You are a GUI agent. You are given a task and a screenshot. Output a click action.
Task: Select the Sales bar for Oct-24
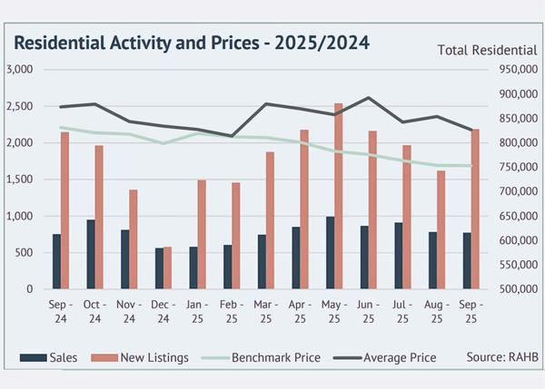click(x=91, y=255)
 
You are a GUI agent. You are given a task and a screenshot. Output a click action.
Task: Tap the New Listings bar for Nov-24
click(x=134, y=239)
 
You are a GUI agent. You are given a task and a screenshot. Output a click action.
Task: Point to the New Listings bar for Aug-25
click(x=441, y=230)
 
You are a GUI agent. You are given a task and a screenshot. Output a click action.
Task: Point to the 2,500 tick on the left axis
click(x=20, y=106)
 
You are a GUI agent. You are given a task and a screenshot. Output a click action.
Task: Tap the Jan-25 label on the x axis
click(x=194, y=314)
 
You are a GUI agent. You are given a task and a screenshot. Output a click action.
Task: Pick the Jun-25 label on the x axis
click(x=366, y=314)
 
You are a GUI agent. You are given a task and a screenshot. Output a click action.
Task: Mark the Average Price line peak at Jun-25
click(x=368, y=98)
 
